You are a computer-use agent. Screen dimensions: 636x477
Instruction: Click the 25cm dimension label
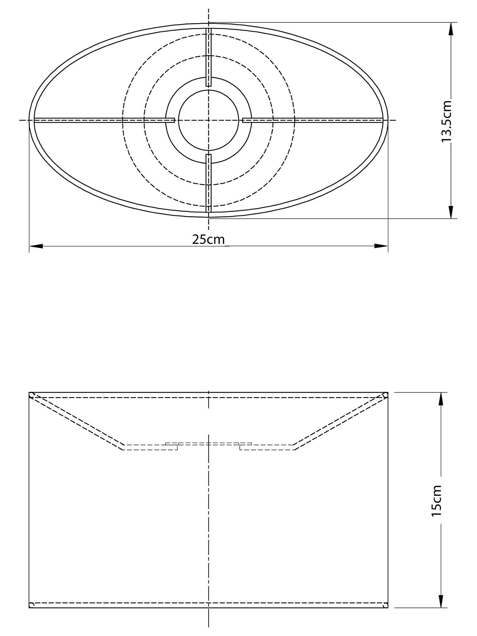pyautogui.click(x=208, y=239)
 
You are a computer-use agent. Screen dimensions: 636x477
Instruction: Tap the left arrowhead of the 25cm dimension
pyautogui.click(x=36, y=246)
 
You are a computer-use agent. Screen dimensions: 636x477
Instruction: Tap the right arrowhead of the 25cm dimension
pyautogui.click(x=381, y=246)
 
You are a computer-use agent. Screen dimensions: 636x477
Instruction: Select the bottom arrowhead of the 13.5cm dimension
pyautogui.click(x=451, y=212)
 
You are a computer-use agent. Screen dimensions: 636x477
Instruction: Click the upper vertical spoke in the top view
pyautogui.click(x=209, y=57)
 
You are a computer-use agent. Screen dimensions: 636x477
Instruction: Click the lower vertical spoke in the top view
pyautogui.click(x=209, y=183)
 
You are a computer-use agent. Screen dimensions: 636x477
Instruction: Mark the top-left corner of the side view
pyautogui.click(x=29, y=392)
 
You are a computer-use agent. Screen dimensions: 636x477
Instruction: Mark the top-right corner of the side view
pyautogui.click(x=388, y=392)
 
